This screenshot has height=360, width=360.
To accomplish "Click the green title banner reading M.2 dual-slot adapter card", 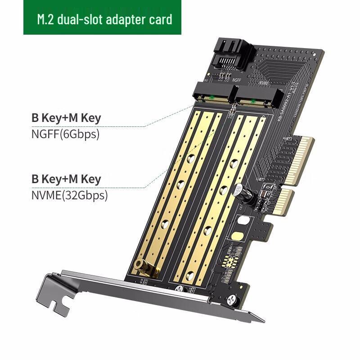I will tap(102, 18).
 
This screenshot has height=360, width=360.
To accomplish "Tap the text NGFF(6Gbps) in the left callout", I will tap(65, 134).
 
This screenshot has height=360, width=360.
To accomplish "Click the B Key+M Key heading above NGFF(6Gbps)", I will tap(66, 118).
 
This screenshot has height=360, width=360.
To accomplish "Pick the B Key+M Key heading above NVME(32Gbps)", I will tap(66, 179).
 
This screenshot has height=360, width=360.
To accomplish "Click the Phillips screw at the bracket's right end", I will tap(233, 298).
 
